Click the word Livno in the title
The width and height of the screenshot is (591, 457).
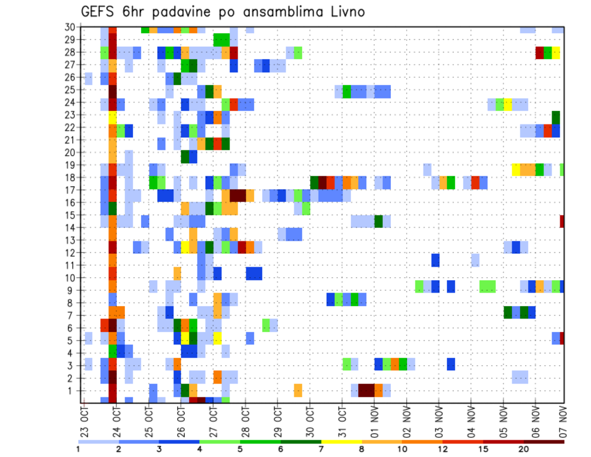click(x=347, y=12)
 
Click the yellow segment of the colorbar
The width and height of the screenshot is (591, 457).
click(x=342, y=442)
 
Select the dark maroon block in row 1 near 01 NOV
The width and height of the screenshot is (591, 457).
click(x=366, y=390)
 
